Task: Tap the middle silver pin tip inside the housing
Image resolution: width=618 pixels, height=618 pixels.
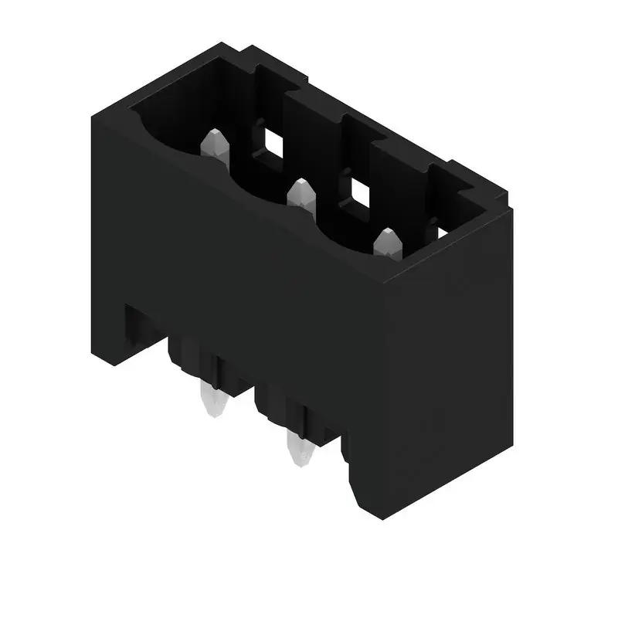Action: point(300,195)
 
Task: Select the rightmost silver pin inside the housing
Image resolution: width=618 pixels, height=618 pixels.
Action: point(386,245)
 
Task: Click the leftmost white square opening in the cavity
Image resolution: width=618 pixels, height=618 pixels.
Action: point(271,140)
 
